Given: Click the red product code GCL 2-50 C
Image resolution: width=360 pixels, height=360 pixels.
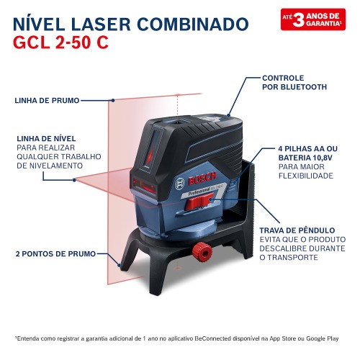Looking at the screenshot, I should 60,41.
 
